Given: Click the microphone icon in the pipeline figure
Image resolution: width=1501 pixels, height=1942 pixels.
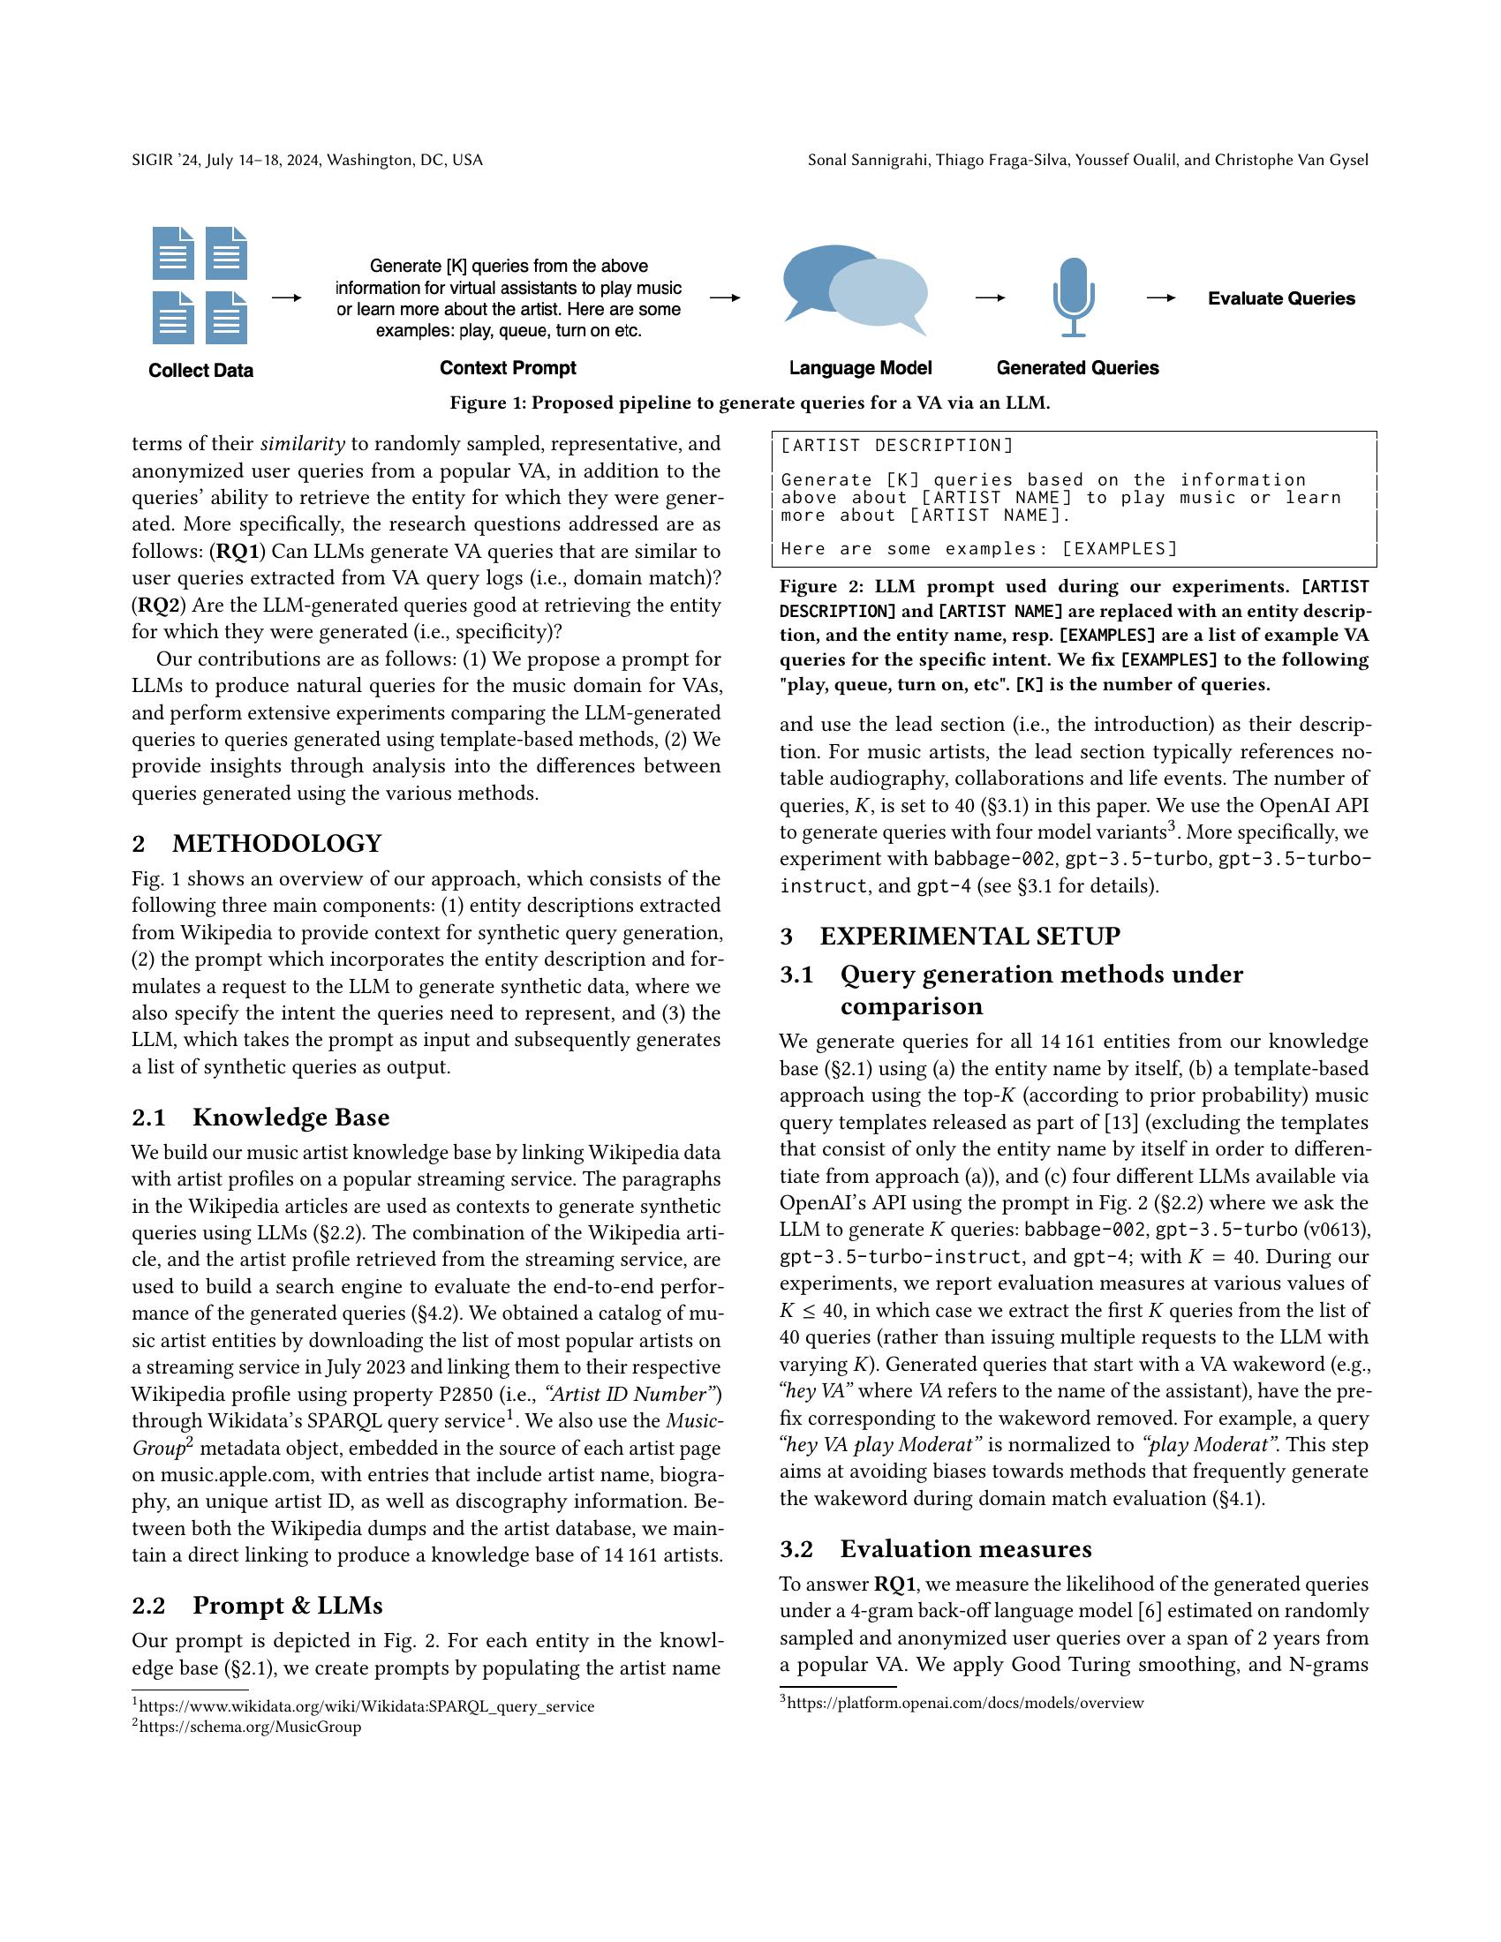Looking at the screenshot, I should (x=1074, y=296).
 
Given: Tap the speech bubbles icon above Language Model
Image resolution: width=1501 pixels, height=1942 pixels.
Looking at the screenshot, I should (x=855, y=290).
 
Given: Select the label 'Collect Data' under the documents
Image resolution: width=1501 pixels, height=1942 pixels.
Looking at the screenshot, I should (x=201, y=371).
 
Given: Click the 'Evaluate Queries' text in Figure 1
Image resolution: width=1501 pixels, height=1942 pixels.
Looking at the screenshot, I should (x=1280, y=298).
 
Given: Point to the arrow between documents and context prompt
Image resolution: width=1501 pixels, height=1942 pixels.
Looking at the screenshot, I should (x=286, y=297).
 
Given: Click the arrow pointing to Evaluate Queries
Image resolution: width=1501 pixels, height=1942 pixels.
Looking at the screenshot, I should (x=1160, y=298).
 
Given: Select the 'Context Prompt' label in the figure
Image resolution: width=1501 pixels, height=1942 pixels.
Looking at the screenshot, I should (x=508, y=368).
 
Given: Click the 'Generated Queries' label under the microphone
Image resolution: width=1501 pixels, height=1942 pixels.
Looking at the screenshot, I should (x=1077, y=368).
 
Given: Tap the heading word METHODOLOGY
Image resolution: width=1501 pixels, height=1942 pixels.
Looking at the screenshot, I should (x=276, y=843).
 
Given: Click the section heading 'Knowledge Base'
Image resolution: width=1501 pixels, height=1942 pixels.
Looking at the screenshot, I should (x=290, y=1118).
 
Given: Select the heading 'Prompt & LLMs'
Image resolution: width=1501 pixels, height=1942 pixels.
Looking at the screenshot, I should (x=287, y=1606).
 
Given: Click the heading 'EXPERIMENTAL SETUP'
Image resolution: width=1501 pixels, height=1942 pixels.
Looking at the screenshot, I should (x=969, y=937).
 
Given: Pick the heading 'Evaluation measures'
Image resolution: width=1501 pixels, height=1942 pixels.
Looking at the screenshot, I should (x=966, y=1549).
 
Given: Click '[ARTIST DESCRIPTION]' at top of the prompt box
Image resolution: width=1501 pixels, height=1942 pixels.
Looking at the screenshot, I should (x=897, y=446).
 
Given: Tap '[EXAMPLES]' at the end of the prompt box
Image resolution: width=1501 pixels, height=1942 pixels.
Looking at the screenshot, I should (x=1120, y=549).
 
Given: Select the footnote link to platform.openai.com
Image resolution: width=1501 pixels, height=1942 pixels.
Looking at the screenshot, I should (x=965, y=1703).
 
